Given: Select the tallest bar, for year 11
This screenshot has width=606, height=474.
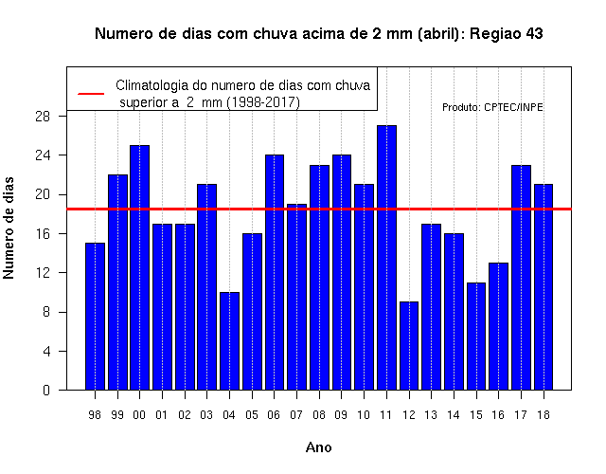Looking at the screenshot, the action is (x=386, y=258).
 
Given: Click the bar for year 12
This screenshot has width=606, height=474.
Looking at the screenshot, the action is (x=409, y=346).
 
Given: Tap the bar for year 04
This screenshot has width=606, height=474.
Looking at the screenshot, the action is (x=229, y=341).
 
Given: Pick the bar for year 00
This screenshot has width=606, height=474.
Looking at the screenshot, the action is (x=139, y=267).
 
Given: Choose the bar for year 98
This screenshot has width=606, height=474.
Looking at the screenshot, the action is (x=95, y=317).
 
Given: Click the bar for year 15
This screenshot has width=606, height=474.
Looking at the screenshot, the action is (x=476, y=337).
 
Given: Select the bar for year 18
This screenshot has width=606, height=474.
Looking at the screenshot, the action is (x=544, y=287).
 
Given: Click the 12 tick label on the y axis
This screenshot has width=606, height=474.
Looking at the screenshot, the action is (x=43, y=273).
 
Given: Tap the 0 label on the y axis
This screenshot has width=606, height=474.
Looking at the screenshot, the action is (x=46, y=390).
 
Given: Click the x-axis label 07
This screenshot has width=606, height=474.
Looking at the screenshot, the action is (x=296, y=415).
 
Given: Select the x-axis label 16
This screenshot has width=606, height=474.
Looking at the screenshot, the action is (x=498, y=415).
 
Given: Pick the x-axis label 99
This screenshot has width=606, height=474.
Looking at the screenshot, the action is (x=117, y=415).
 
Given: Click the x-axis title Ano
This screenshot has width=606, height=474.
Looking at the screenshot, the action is (x=318, y=447).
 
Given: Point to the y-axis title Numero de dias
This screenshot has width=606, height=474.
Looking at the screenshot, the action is (x=9, y=228).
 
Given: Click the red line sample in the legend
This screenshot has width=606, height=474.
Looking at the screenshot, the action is (x=91, y=94).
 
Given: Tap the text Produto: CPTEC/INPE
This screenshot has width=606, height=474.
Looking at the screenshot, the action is (x=492, y=107).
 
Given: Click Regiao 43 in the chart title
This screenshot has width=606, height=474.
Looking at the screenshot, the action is (x=507, y=34).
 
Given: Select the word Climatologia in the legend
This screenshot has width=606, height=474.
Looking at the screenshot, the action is (x=156, y=85).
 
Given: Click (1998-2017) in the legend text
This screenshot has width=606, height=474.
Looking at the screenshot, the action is (x=263, y=102).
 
